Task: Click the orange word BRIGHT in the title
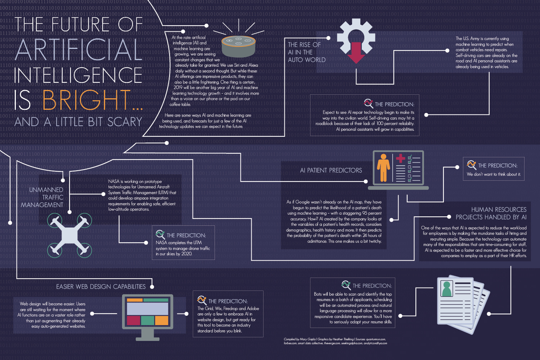point(86,100)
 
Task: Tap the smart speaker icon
point(238,46)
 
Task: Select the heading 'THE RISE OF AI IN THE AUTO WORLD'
point(306,52)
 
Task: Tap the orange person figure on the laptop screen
point(383,168)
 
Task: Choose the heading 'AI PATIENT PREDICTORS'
point(331,170)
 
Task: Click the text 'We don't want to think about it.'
point(494,174)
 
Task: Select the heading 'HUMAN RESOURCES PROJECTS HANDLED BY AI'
point(491,213)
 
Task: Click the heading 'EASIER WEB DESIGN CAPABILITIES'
point(101,287)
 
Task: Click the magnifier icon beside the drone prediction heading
point(160,234)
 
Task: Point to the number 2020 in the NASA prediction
point(186,254)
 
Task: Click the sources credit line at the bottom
point(335,341)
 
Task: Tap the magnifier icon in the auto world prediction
point(368,103)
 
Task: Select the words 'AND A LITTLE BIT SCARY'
point(78,122)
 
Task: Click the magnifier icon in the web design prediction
point(202,300)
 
